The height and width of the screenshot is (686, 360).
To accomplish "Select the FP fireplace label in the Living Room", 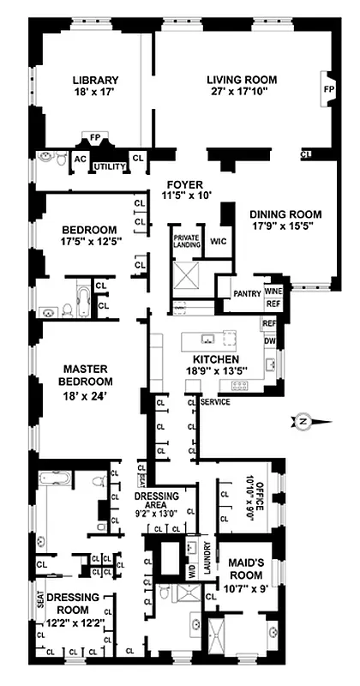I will [x=327, y=88].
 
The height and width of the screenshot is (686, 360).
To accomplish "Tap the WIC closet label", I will [x=218, y=242].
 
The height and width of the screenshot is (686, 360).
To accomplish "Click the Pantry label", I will [x=247, y=294].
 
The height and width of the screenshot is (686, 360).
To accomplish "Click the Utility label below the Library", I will [x=110, y=166].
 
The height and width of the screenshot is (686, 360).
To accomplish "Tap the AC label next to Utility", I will [x=80, y=159].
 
